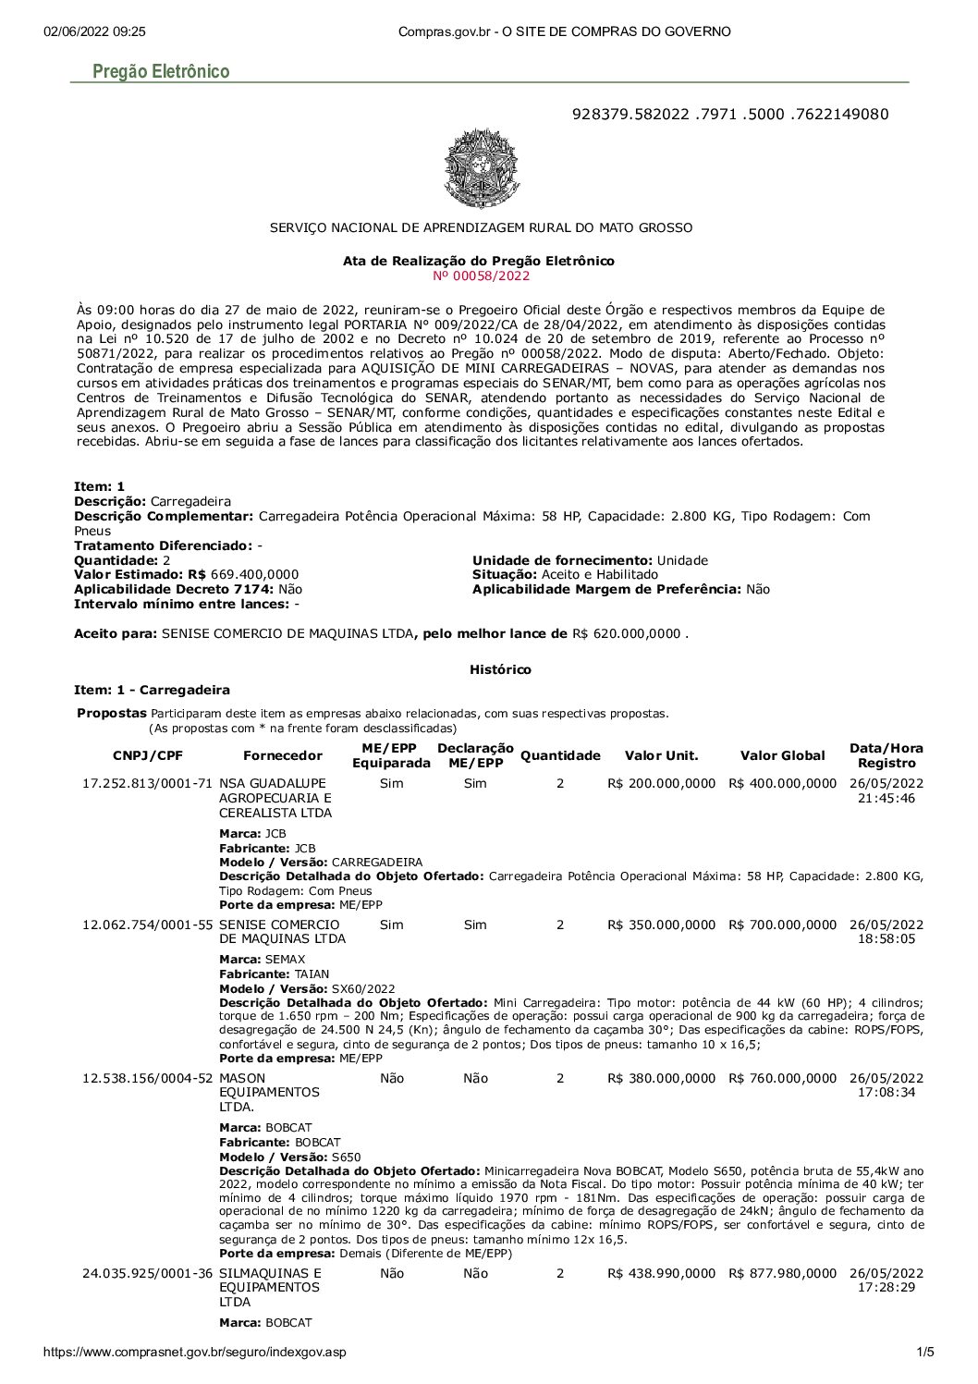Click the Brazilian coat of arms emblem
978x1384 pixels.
[x=481, y=168]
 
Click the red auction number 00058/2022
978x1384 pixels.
[x=481, y=276]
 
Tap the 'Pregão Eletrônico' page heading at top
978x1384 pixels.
[x=161, y=71]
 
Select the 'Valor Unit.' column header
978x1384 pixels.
[x=661, y=755]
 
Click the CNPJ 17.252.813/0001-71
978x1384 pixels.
[x=148, y=783]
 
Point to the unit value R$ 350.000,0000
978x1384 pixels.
[x=661, y=925]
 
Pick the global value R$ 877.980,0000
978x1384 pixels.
[x=782, y=1273]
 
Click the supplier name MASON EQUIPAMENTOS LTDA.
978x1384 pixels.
[x=269, y=1092]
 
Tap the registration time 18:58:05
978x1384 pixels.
[x=886, y=938]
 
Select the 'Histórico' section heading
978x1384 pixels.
[x=500, y=669]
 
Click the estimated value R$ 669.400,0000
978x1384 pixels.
[x=254, y=574]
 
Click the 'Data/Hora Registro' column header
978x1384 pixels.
[x=886, y=755]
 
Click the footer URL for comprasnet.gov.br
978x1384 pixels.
[x=195, y=1353]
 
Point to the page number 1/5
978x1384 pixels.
[x=924, y=1353]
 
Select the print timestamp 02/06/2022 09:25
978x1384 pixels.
[x=94, y=31]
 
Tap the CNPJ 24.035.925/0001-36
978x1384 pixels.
[x=148, y=1273]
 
